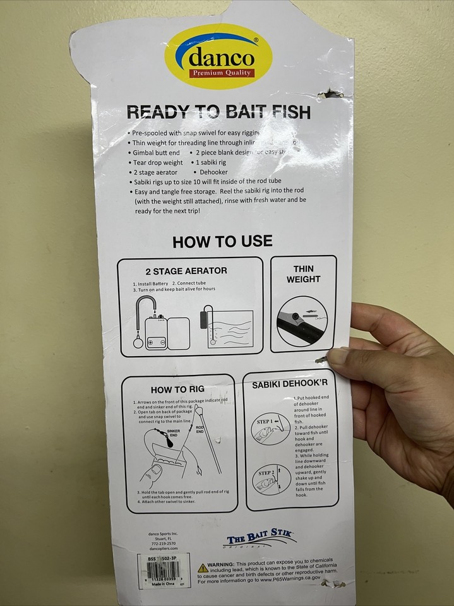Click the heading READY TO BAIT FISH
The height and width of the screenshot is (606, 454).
point(218,112)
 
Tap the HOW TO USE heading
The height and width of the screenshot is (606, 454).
point(222,241)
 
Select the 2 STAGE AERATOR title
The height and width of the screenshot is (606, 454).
point(186,271)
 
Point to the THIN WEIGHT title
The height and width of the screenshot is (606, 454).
point(303,273)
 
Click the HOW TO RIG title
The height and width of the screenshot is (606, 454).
point(177,389)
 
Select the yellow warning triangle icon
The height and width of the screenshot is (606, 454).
point(203,567)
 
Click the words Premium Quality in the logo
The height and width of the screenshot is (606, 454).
point(221,73)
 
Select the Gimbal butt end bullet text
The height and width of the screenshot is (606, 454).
point(156,153)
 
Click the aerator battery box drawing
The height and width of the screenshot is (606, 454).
point(155,334)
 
